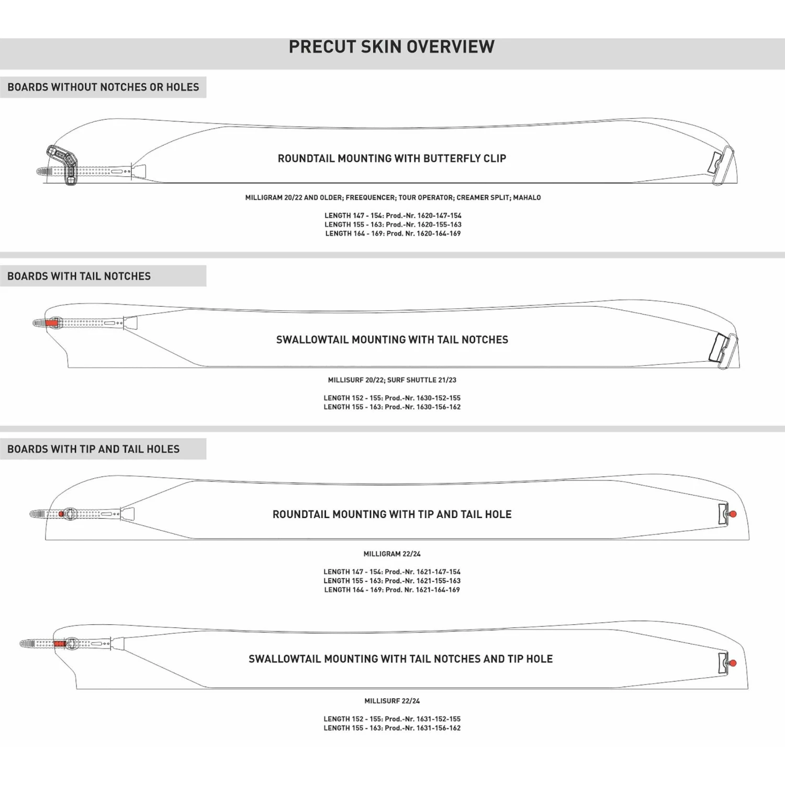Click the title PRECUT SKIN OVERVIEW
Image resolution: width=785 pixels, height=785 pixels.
tap(391, 47)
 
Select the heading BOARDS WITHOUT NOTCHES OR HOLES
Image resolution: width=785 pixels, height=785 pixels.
tap(103, 87)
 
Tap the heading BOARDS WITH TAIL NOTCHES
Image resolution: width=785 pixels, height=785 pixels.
tap(79, 276)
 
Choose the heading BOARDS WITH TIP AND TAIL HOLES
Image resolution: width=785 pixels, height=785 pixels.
tap(93, 449)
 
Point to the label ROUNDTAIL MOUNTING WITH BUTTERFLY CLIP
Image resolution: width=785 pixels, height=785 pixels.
tap(392, 158)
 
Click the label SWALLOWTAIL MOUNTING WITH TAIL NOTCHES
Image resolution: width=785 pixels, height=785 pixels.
tap(392, 340)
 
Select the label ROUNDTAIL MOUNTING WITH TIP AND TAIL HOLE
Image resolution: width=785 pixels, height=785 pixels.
tap(392, 514)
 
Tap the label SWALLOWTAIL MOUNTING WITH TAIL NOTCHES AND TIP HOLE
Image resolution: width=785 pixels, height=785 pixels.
tap(400, 659)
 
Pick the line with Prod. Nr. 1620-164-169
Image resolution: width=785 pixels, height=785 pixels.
tap(392, 233)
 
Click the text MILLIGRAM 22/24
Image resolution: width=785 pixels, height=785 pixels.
tap(392, 554)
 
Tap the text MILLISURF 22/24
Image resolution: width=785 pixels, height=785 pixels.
tap(392, 701)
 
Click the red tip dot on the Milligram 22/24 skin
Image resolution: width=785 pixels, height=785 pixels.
tap(733, 514)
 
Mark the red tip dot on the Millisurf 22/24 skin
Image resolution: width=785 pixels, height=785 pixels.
tap(733, 663)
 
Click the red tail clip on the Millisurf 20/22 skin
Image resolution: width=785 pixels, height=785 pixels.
tap(51, 323)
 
